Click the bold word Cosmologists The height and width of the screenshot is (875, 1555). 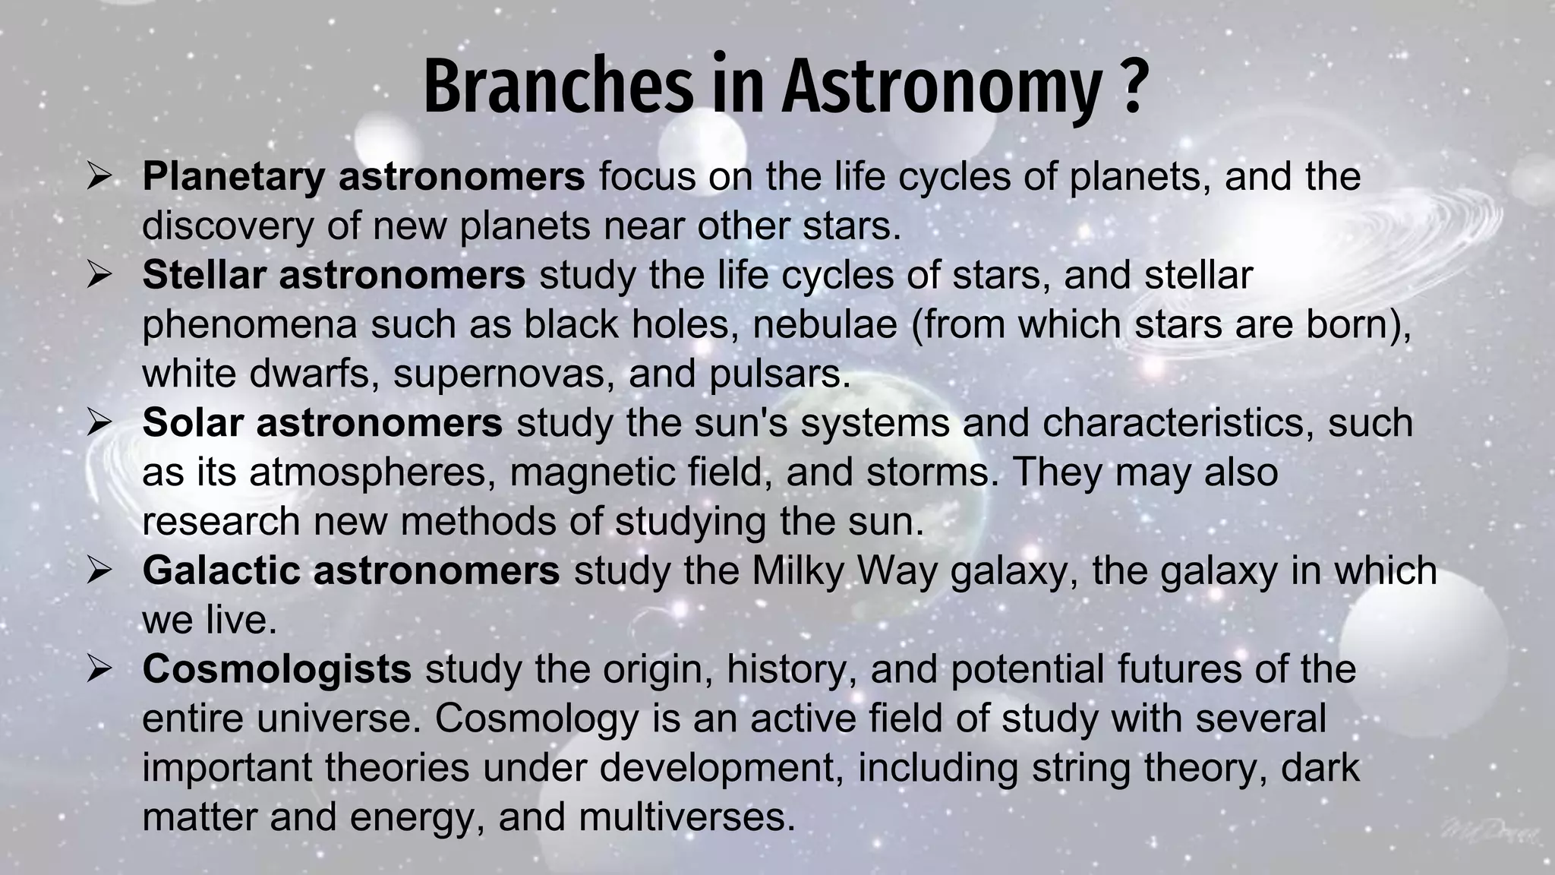(276, 669)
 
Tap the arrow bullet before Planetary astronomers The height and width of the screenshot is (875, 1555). (99, 178)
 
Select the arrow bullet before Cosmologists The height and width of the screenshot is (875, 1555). (99, 669)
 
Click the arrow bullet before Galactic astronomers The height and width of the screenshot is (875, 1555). (99, 571)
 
